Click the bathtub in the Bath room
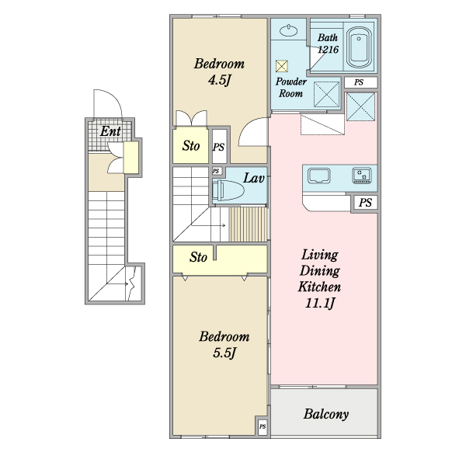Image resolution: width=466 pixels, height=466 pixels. click(360, 48)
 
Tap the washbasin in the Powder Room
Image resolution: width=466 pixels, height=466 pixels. click(289, 30)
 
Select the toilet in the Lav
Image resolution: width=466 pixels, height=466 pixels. click(228, 190)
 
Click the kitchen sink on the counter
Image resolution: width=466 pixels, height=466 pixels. click(319, 176)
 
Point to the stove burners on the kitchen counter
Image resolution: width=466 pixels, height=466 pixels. click(362, 176)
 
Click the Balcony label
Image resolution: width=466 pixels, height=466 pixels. click(326, 414)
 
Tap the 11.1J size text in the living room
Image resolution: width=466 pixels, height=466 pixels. click(320, 304)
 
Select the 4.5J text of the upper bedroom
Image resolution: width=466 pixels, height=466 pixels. click(219, 80)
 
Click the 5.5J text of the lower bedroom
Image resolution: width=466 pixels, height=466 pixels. click(224, 353)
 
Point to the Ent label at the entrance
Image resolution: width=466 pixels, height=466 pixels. click(110, 131)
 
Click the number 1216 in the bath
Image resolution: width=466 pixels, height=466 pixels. click(328, 50)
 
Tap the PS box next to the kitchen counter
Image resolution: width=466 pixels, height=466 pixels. click(365, 203)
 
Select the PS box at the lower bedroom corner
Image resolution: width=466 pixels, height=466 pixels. click(263, 426)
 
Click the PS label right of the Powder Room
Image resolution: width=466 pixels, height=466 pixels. click(359, 82)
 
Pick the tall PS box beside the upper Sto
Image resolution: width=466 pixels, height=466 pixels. click(219, 147)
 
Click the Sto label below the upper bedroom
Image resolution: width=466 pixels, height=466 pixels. click(191, 146)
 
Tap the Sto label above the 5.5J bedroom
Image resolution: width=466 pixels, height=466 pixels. click(198, 257)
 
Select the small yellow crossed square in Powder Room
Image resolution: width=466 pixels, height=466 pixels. click(281, 66)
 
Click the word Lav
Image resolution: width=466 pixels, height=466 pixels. click(253, 178)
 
